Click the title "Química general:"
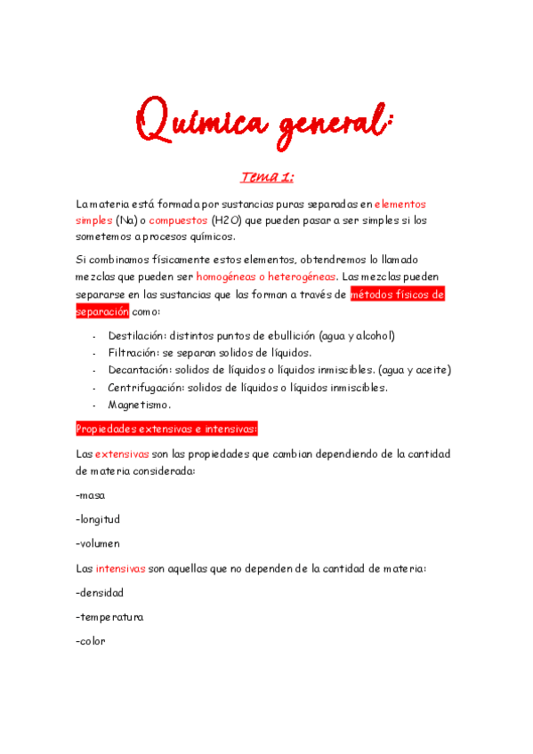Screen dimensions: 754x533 266,120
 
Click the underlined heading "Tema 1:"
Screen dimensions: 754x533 266,178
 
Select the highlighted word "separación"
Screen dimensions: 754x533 102,312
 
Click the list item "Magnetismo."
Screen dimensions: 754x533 140,405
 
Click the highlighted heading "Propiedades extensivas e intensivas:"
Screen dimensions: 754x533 166,429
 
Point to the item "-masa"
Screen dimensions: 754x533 91,495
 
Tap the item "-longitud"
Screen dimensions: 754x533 98,519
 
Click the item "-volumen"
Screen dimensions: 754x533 98,543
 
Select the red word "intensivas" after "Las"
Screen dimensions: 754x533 122,567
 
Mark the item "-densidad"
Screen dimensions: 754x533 100,592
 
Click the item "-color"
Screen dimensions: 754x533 91,640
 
